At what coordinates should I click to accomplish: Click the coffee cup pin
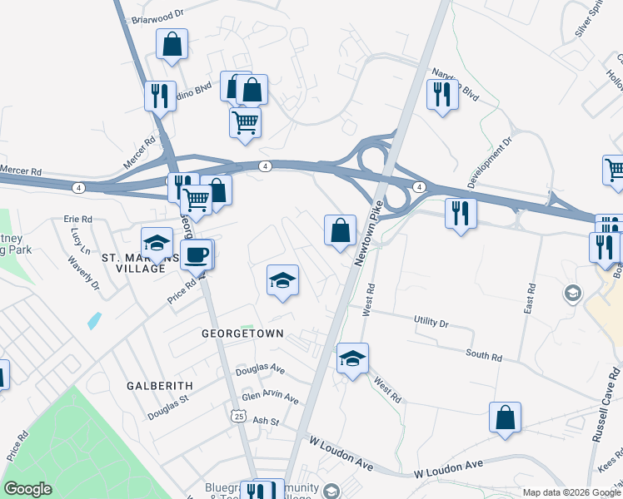tap(197, 254)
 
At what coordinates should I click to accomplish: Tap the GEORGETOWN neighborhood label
tap(242, 333)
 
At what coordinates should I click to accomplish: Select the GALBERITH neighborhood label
tap(160, 386)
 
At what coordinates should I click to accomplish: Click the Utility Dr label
tap(431, 321)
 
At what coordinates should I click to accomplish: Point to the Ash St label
tap(265, 422)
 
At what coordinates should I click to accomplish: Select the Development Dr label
tap(486, 163)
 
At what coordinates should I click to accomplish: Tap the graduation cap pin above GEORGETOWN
tap(282, 281)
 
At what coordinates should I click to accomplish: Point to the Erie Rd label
tap(77, 220)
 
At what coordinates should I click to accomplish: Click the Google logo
tap(27, 489)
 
